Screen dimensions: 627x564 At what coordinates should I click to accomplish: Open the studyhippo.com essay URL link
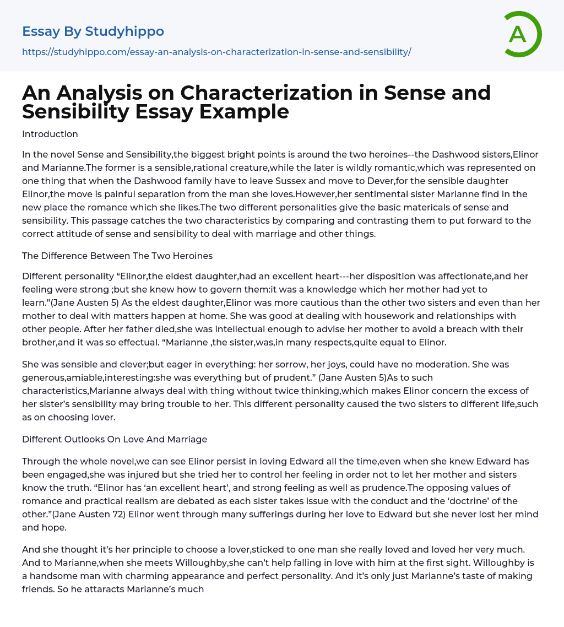[216, 52]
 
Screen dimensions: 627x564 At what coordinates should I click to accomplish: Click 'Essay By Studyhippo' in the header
[93, 31]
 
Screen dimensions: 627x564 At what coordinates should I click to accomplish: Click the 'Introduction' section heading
[50, 134]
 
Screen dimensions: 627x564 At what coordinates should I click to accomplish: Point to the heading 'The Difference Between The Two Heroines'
[117, 255]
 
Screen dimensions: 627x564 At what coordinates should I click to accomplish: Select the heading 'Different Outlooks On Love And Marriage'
[115, 439]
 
